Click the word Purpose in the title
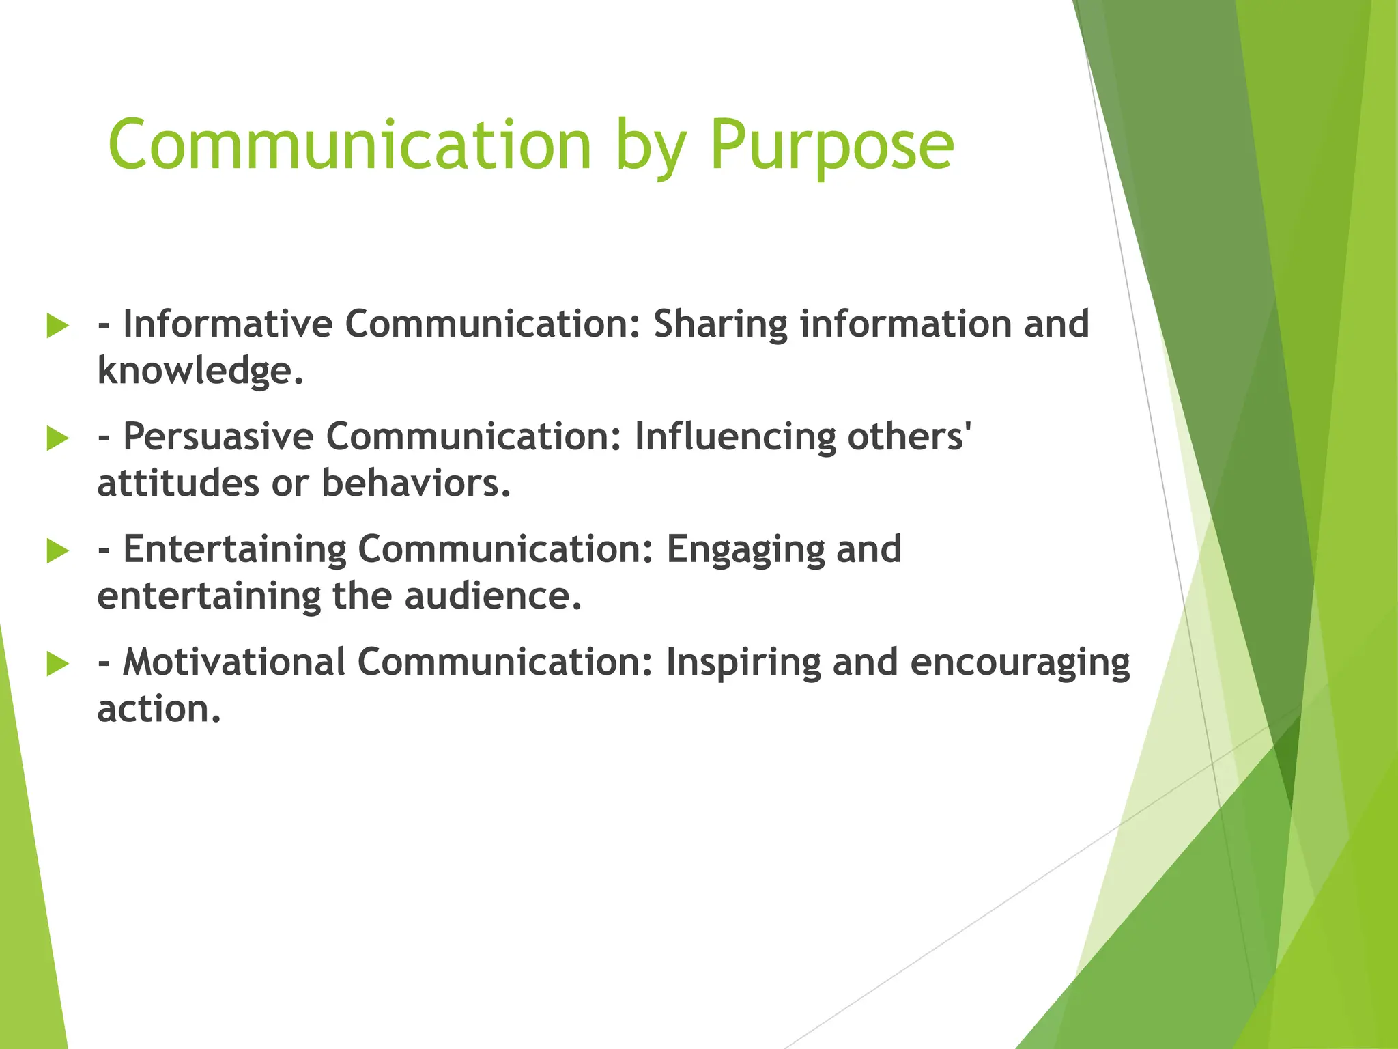click(831, 145)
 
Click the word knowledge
click(199, 371)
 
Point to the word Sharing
click(720, 324)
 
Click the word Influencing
click(734, 437)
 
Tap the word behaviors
click(415, 484)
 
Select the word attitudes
click(178, 484)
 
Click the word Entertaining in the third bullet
click(235, 549)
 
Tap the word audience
click(492, 596)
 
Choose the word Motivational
click(234, 662)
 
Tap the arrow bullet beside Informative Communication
click(58, 326)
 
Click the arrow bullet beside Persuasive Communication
click(58, 438)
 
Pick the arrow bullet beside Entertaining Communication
click(58, 551)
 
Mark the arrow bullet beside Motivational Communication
click(58, 664)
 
